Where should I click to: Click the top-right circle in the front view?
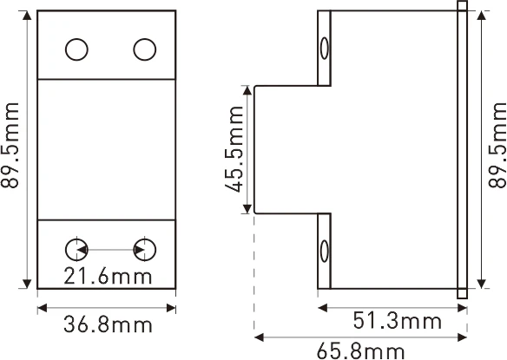click(x=144, y=50)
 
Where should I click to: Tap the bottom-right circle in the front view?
click(x=144, y=250)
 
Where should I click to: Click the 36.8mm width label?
click(x=109, y=325)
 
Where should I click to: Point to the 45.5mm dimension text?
click(x=232, y=149)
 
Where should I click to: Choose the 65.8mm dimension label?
click(x=360, y=350)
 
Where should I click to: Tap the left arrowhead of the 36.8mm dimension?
click(x=41, y=305)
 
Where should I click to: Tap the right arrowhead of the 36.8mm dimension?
click(x=172, y=305)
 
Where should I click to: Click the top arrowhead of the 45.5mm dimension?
click(x=252, y=89)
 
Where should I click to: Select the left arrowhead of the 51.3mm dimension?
click(x=323, y=305)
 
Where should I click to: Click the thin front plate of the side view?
click(x=462, y=147)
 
